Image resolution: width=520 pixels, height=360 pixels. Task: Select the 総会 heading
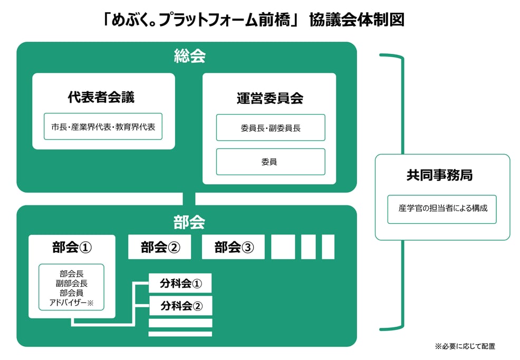[189, 56]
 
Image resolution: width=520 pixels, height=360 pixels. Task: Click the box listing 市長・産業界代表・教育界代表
[103, 127]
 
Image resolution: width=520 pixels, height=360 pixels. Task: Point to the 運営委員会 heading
[269, 98]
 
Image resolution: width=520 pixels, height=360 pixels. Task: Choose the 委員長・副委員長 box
[270, 128]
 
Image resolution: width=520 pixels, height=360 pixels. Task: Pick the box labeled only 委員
[270, 162]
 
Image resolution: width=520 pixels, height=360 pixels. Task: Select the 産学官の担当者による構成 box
[442, 209]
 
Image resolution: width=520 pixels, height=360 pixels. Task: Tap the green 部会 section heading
[189, 222]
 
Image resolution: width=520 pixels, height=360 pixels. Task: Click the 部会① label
[72, 248]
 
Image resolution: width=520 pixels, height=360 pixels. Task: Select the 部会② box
[160, 248]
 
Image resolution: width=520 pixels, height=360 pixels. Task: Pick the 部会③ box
[233, 248]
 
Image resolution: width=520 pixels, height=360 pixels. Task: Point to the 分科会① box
[180, 283]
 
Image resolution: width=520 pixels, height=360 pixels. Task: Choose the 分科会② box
[180, 306]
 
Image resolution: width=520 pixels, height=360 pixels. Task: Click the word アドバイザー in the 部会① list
[68, 302]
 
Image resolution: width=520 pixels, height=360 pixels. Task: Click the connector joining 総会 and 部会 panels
[189, 199]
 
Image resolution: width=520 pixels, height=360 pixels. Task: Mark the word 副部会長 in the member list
[72, 283]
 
